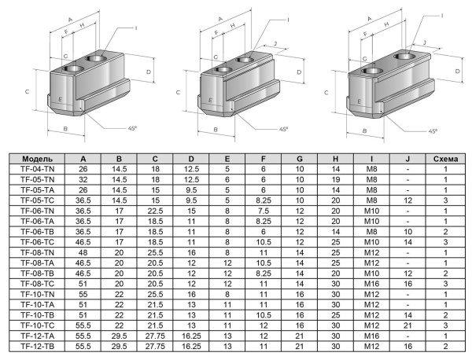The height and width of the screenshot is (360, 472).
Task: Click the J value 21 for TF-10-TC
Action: pos(407,325)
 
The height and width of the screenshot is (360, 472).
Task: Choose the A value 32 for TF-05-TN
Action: pos(83,179)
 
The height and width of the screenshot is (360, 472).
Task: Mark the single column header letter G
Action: pos(299,158)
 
